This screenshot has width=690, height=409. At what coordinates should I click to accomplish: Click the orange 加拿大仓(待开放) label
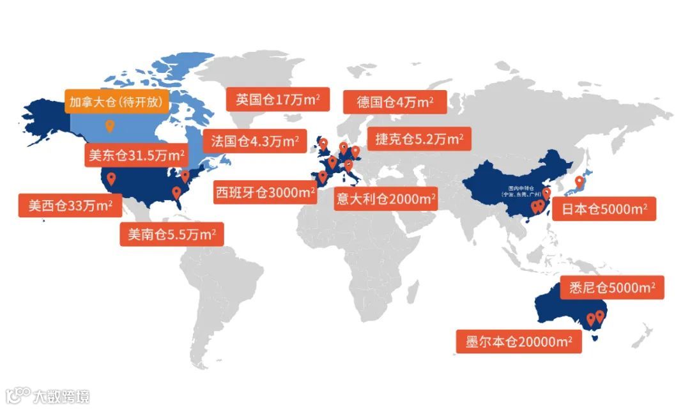tap(117, 102)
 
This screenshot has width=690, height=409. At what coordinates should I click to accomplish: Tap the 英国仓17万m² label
tap(278, 100)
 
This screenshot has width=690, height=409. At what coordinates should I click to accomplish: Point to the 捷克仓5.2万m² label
tap(418, 139)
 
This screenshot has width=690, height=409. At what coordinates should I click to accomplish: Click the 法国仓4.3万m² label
tap(254, 141)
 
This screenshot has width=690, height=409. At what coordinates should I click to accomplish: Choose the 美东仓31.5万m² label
tap(135, 155)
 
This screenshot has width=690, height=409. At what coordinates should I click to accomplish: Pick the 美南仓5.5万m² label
tap(172, 235)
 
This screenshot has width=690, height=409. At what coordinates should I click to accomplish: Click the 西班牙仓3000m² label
tap(265, 192)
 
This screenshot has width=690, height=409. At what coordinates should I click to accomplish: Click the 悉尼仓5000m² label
tap(611, 288)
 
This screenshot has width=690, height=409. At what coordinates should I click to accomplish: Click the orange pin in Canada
tap(109, 125)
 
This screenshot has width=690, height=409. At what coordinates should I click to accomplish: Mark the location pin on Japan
tap(579, 181)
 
